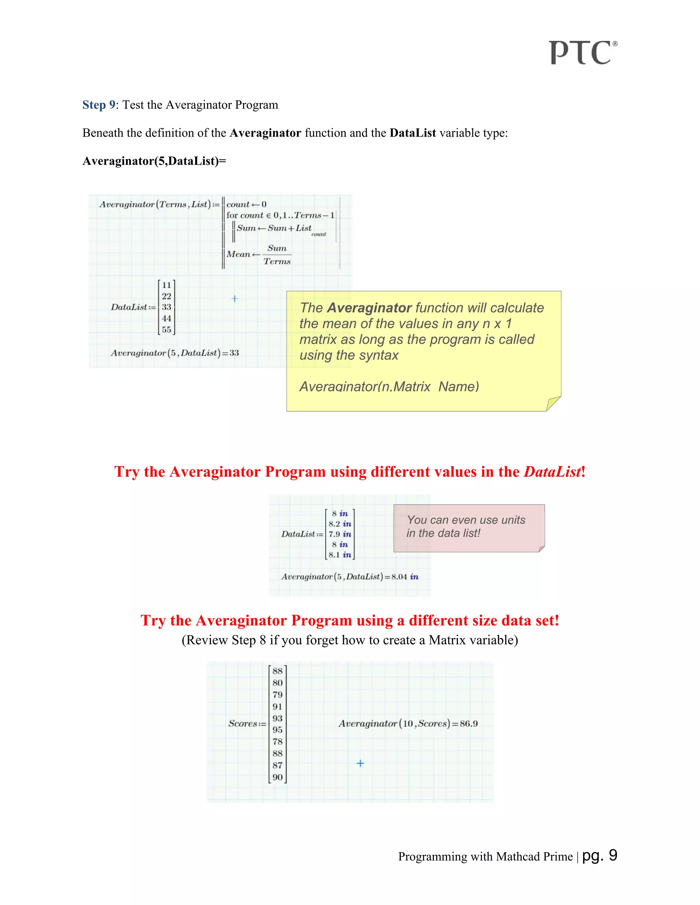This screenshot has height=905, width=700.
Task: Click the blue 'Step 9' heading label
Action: (x=99, y=105)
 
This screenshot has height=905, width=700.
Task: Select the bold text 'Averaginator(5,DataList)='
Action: (x=154, y=161)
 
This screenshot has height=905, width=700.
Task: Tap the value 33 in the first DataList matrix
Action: (x=166, y=307)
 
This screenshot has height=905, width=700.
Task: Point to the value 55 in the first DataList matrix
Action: (x=166, y=330)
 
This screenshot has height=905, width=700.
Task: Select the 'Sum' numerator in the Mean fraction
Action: (x=277, y=248)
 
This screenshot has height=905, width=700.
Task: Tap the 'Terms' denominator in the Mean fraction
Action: (x=277, y=262)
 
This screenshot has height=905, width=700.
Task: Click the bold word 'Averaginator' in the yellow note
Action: (x=369, y=308)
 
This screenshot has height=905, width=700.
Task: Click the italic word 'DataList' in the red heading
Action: (x=552, y=472)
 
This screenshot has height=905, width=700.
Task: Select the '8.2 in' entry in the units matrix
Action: (x=340, y=524)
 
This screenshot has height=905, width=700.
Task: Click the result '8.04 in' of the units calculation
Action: (x=405, y=577)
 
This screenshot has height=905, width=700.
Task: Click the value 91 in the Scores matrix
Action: (x=278, y=707)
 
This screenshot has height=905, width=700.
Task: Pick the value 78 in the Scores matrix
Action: (x=278, y=742)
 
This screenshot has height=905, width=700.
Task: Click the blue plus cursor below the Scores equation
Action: (x=360, y=763)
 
